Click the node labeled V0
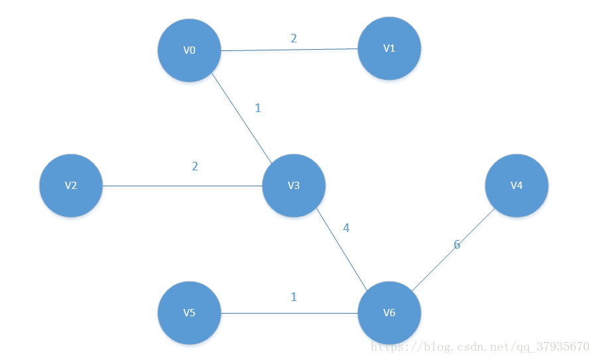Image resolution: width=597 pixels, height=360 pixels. [190, 50]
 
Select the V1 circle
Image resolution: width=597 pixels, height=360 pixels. [389, 48]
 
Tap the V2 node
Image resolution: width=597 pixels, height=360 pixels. [71, 186]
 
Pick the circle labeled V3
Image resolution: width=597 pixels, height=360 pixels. [294, 186]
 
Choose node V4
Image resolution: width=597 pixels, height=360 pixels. [517, 186]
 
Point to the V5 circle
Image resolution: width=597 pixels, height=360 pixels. [190, 313]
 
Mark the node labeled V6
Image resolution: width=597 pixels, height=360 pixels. [389, 313]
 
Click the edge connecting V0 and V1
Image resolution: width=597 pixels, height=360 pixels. [289, 50]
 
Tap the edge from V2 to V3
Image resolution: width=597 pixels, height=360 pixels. [182, 186]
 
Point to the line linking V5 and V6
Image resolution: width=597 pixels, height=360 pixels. [289, 313]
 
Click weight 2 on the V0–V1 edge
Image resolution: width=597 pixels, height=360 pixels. [294, 38]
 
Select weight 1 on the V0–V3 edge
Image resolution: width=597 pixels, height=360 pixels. [258, 107]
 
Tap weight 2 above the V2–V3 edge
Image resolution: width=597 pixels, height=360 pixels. [195, 166]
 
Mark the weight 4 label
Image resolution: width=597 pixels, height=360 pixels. [346, 228]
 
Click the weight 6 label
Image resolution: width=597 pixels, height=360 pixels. [456, 245]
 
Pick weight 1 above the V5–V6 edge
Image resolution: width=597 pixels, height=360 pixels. [294, 297]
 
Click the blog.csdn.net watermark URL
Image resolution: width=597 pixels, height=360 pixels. [480, 347]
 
